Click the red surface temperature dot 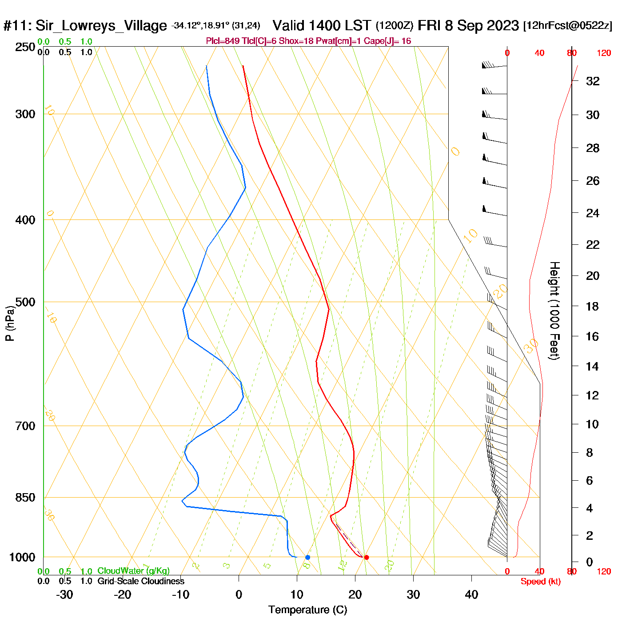tap(366, 557)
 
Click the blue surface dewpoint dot tap(307, 557)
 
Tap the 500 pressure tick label tap(25, 302)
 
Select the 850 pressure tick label tap(25, 498)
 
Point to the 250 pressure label tap(25, 47)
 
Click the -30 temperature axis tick tap(64, 594)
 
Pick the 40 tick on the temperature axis tap(471, 594)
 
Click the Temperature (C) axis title tap(307, 610)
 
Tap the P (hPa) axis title tap(10, 323)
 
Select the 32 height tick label tap(593, 81)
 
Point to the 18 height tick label tap(592, 306)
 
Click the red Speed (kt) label tap(540, 582)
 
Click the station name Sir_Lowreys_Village tap(101, 26)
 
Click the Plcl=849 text tap(223, 41)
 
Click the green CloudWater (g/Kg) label tap(133, 571)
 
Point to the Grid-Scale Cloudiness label tap(141, 581)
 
